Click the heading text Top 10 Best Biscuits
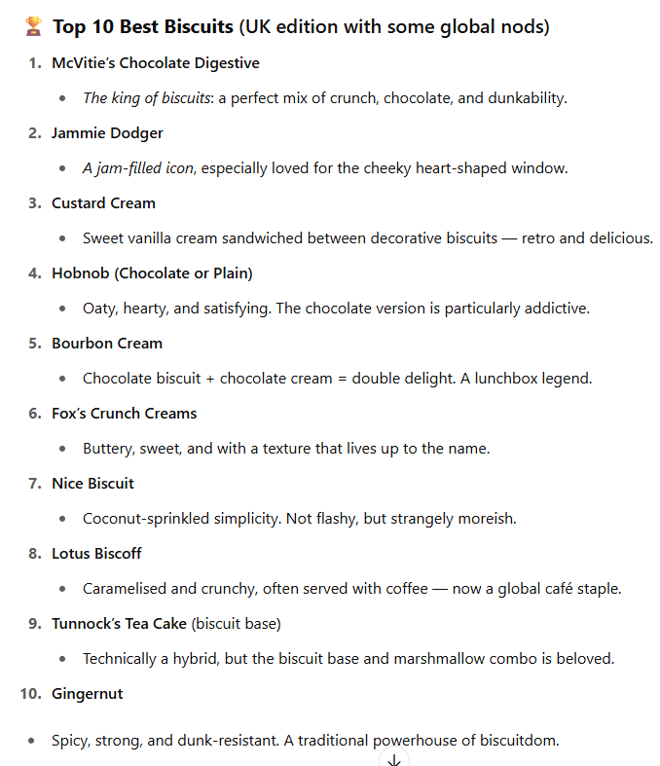[x=143, y=27]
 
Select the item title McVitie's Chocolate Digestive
[x=156, y=63]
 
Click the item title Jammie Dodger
[x=107, y=133]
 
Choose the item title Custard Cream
[x=103, y=203]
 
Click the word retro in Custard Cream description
[x=544, y=238]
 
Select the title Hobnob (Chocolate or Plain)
[x=152, y=274]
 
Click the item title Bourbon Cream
[x=107, y=344]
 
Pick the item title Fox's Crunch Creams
[x=124, y=414]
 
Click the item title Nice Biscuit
[x=92, y=484]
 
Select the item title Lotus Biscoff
[x=96, y=554]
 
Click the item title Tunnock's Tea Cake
[x=119, y=624]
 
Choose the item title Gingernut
[x=87, y=694]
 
